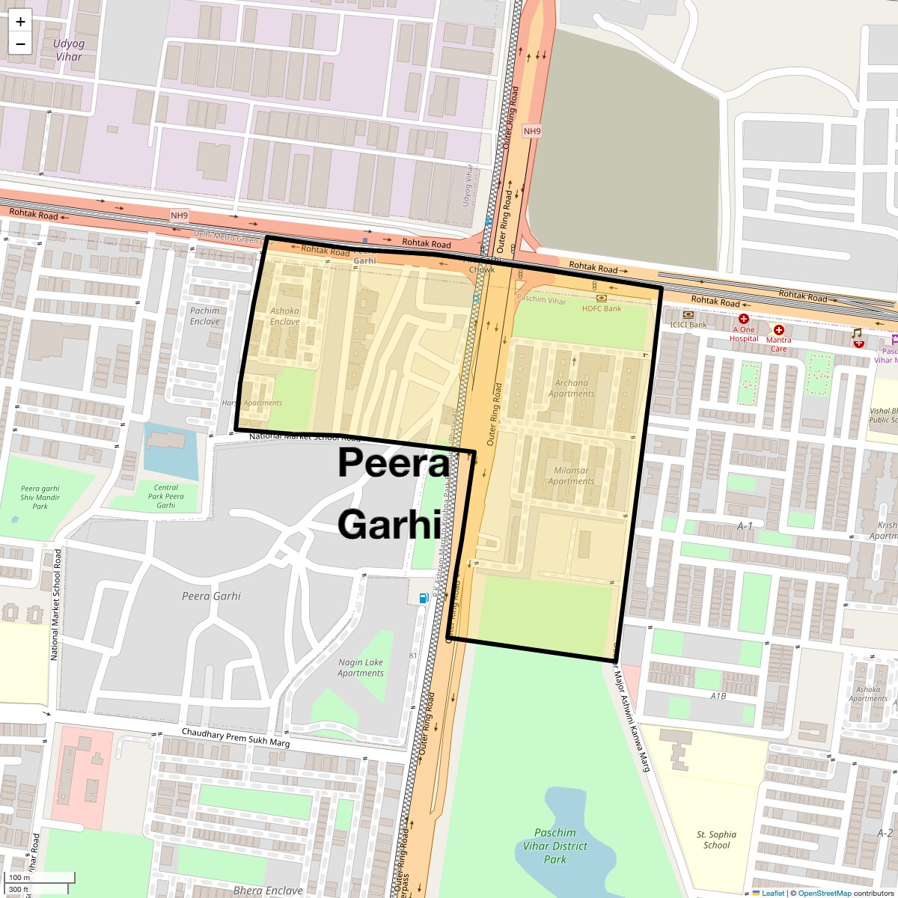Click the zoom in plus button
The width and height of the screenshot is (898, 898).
click(x=20, y=22)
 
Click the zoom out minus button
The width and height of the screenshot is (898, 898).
click(x=20, y=43)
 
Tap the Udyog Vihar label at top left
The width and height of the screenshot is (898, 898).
click(x=69, y=50)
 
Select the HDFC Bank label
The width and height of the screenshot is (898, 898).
click(x=602, y=308)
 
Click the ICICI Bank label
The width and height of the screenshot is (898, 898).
click(x=688, y=325)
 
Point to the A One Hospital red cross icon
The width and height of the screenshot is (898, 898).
click(x=744, y=320)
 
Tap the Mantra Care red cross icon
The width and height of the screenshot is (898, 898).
click(x=779, y=330)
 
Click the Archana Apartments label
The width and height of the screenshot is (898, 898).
click(x=572, y=388)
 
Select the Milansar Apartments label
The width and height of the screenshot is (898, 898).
click(x=571, y=476)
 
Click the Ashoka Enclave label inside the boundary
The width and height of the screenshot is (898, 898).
click(x=284, y=316)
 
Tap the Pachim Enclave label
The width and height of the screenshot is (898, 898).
click(x=205, y=316)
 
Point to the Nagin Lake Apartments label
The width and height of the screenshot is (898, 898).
click(x=361, y=668)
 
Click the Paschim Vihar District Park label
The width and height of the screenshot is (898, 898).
click(x=555, y=846)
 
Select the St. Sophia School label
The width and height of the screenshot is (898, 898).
click(x=716, y=840)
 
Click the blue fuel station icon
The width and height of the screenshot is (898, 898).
click(x=424, y=598)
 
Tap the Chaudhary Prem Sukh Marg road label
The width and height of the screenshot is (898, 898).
click(x=236, y=739)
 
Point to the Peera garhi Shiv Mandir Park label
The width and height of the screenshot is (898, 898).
click(x=40, y=498)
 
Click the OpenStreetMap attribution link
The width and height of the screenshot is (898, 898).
click(x=824, y=893)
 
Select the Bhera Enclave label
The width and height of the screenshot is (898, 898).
click(x=268, y=891)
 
